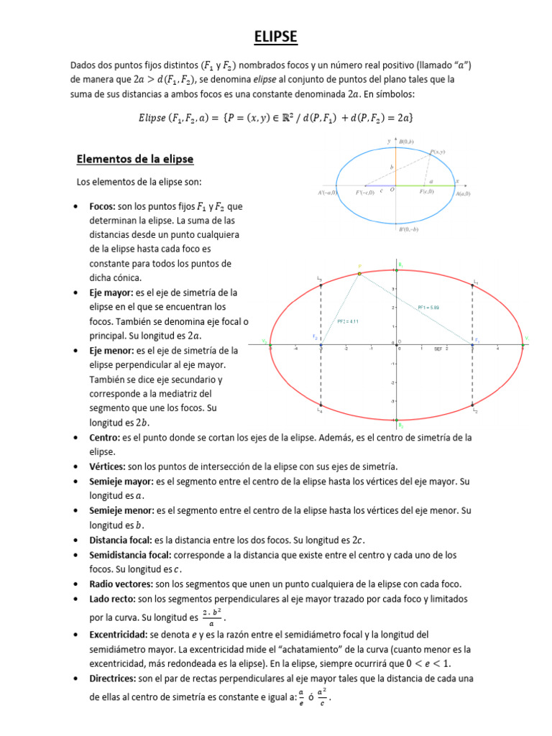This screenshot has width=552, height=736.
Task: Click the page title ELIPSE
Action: [x=276, y=37]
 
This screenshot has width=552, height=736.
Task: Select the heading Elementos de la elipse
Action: [x=135, y=158]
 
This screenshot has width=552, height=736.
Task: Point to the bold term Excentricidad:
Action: [x=118, y=635]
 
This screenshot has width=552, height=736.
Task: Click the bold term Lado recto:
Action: [x=112, y=598]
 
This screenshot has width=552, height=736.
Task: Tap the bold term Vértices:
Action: [x=107, y=466]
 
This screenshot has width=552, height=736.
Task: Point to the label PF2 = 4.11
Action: [x=347, y=321]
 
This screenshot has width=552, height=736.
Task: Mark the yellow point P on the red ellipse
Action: [x=359, y=273]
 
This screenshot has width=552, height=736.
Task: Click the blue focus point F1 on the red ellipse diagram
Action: [x=472, y=346]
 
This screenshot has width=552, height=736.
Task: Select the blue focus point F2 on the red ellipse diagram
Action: [x=321, y=346]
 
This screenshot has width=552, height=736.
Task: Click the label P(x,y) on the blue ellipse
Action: [x=438, y=152]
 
